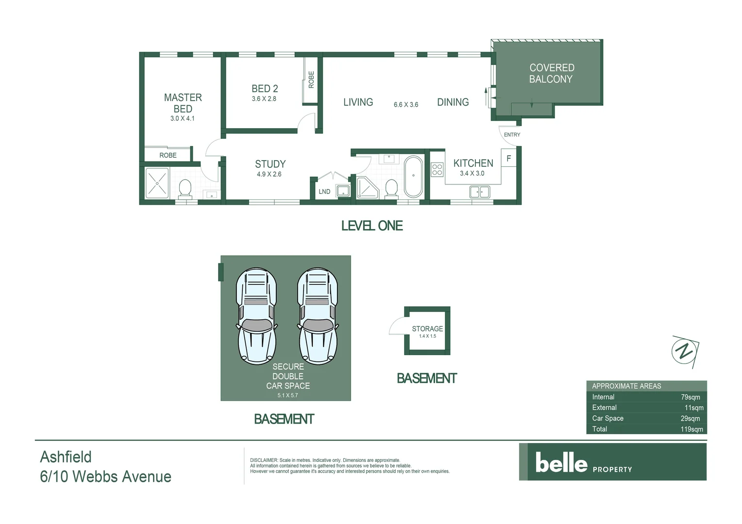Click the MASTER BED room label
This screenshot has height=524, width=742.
tap(183, 103)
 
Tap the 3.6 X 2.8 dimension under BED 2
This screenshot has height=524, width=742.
tap(264, 99)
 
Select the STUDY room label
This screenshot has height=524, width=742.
tap(270, 164)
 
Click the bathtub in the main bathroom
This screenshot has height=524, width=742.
tap(413, 176)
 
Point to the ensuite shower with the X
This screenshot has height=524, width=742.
tap(157, 183)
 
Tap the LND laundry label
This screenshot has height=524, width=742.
tap(324, 192)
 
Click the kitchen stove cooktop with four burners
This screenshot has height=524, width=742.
tap(437, 169)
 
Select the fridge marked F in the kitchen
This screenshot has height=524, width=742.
tap(508, 159)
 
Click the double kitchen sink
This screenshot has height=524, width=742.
tap(480, 192)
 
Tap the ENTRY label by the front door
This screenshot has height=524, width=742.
tap(512, 135)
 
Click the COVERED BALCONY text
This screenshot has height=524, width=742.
tap(551, 73)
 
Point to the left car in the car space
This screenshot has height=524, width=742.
tap(256, 316)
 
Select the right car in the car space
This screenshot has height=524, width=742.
tap(318, 316)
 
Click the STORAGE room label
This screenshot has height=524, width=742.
tap(427, 328)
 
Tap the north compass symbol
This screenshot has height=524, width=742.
tap(685, 351)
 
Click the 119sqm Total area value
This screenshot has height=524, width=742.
tap(691, 429)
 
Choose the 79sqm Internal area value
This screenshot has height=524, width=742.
tap(690, 397)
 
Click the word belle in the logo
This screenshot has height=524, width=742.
tap(561, 463)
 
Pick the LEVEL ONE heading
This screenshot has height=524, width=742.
tap(372, 226)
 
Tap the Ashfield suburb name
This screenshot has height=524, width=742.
tap(66, 457)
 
